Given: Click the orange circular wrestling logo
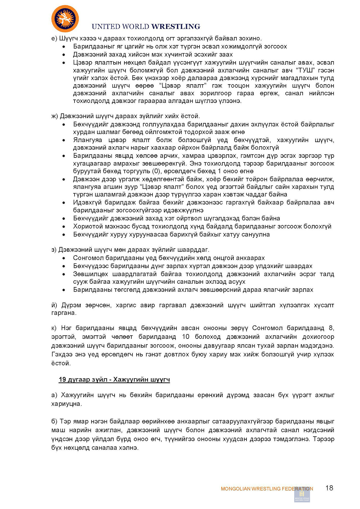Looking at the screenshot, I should [x=65, y=19].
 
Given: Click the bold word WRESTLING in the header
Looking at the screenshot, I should [x=176, y=27].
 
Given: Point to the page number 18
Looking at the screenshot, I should [x=329, y=488].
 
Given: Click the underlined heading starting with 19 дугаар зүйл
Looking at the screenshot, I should [x=114, y=379].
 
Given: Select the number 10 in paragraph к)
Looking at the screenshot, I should [x=185, y=337].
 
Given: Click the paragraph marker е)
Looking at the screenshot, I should [x=54, y=38].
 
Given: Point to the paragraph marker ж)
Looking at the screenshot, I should [x=55, y=116].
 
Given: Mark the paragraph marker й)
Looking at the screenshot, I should [x=54, y=305].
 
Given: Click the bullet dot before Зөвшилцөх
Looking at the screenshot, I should [x=64, y=274].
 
